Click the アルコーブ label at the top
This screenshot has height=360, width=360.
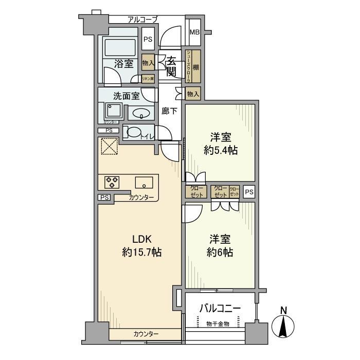[x=142, y=20]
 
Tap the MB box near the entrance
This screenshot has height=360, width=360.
[x=194, y=32]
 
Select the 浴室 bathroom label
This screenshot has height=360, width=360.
[x=124, y=64]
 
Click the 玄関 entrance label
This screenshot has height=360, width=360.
[x=172, y=66]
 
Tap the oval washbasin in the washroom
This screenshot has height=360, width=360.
[x=141, y=113]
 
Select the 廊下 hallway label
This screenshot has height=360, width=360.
[x=169, y=111]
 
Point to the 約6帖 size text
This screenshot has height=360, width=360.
[x=220, y=253]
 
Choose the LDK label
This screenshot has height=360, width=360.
[x=141, y=239]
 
